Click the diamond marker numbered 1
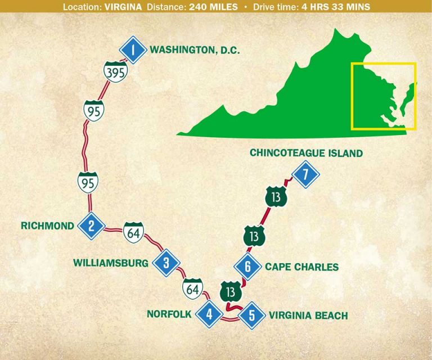(133, 51)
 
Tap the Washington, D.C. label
(195, 50)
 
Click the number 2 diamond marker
(93, 226)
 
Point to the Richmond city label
(47, 226)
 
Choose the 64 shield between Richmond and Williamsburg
(133, 232)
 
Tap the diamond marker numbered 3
(166, 262)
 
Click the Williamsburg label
(110, 263)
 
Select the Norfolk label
(169, 314)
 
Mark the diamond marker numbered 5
(251, 316)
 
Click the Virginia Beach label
(308, 316)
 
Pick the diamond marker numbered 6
(247, 267)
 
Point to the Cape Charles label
(302, 267)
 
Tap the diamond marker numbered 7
(305, 174)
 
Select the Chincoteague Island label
(306, 153)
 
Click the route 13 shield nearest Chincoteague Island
(276, 197)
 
